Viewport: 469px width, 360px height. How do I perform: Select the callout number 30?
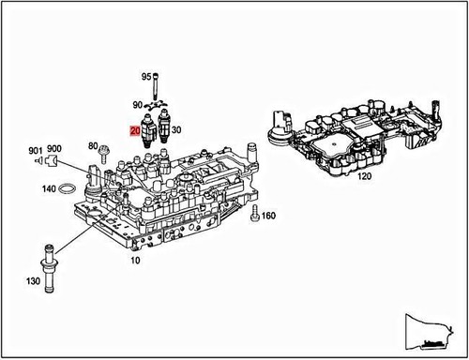pyautogui.click(x=177, y=130)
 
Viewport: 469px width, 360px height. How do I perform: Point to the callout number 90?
pyautogui.click(x=137, y=105)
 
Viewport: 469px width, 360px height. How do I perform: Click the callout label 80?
pyautogui.click(x=93, y=145)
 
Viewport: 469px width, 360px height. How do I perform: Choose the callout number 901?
pyautogui.click(x=35, y=150)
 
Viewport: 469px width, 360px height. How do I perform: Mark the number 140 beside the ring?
pyautogui.click(x=47, y=189)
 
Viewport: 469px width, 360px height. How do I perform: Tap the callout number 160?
pyautogui.click(x=268, y=217)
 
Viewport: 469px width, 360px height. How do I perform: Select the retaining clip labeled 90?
pyautogui.click(x=158, y=105)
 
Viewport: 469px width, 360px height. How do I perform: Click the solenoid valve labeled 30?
pyautogui.click(x=164, y=124)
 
